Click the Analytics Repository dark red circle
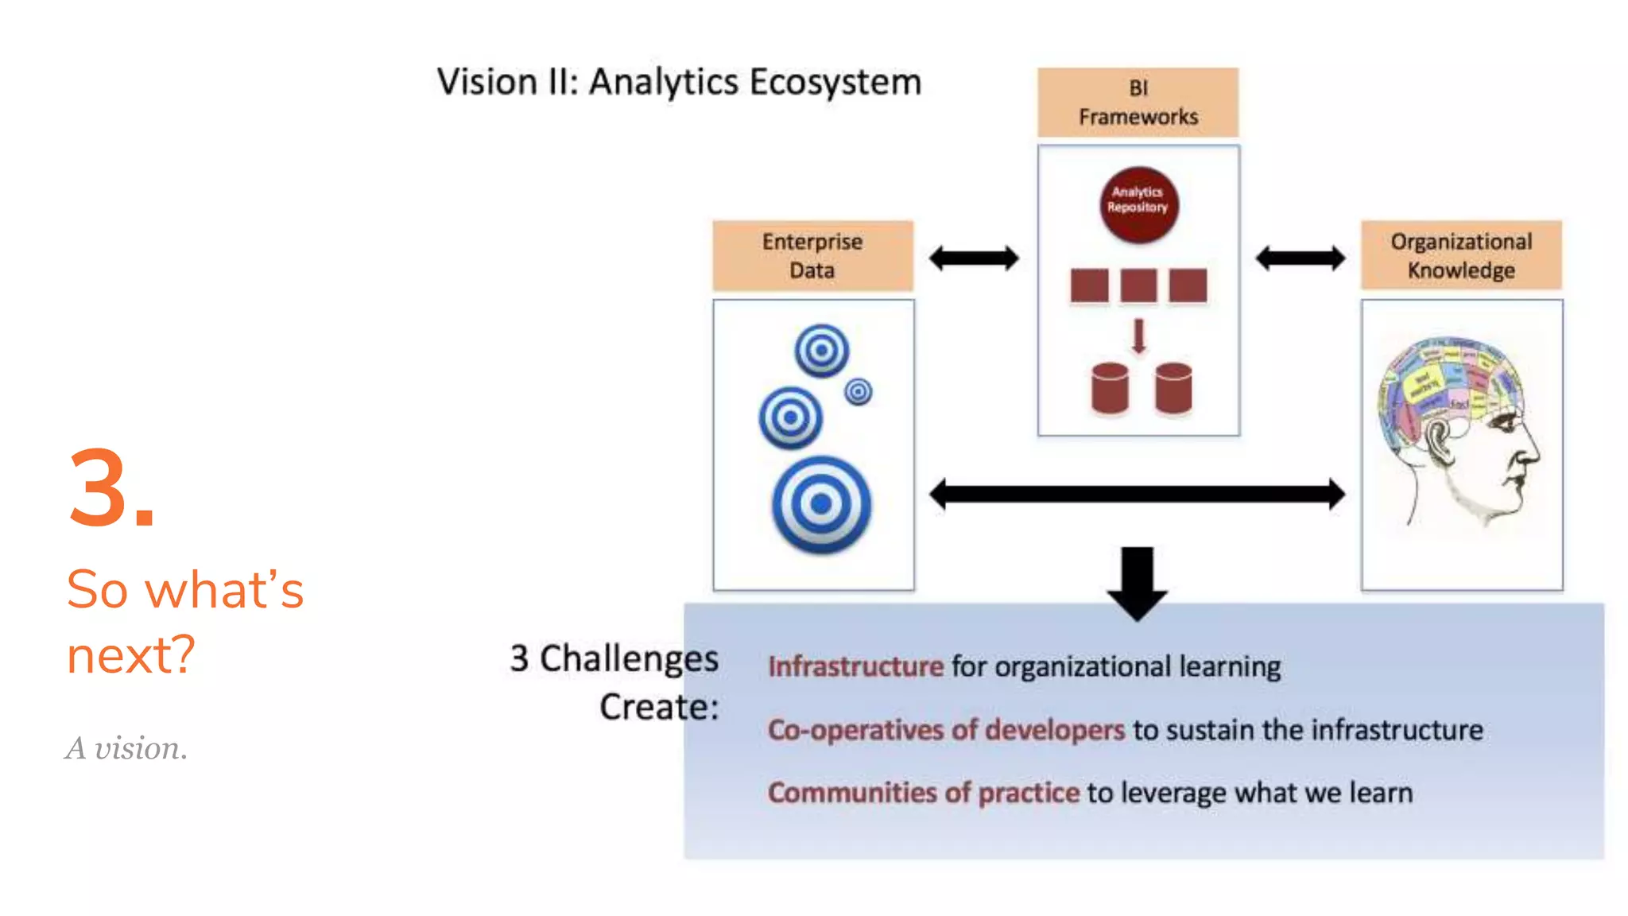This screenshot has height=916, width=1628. [1138, 204]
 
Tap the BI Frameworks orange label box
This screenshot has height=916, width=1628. [1138, 103]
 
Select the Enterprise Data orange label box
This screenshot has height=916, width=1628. [812, 255]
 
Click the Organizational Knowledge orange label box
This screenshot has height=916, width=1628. [1461, 255]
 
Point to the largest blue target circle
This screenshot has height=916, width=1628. [821, 504]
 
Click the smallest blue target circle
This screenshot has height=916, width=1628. [859, 391]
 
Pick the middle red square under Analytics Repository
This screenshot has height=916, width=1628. [1138, 285]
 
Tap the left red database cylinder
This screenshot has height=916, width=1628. [1110, 389]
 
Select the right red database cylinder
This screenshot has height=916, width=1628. [1173, 389]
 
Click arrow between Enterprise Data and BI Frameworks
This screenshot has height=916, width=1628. [974, 258]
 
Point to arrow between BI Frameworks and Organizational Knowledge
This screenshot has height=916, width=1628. [1300, 258]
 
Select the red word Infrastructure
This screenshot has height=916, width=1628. [855, 666]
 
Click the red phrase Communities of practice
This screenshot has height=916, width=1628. [923, 793]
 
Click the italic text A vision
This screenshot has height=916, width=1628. [126, 748]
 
